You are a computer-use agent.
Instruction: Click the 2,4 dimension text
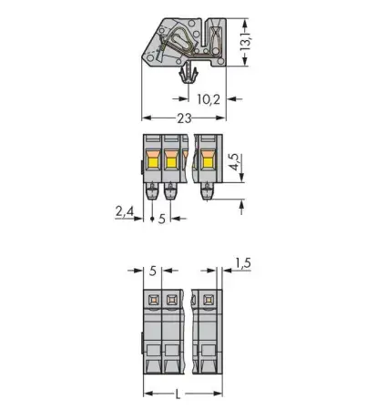(126, 213)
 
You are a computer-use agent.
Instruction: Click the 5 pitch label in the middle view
(161, 219)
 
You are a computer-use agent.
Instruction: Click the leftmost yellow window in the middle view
(151, 161)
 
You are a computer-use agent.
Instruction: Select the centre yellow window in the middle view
(170, 161)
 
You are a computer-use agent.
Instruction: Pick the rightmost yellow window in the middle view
(207, 160)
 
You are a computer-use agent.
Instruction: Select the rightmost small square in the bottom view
(207, 300)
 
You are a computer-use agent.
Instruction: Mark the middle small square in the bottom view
(170, 301)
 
